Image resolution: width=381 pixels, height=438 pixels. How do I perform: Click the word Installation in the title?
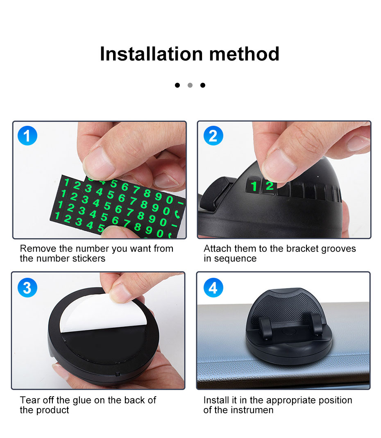[x=151, y=54]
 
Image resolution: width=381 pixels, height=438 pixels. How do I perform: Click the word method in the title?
[x=244, y=54]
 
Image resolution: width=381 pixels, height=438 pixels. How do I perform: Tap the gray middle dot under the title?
[x=190, y=85]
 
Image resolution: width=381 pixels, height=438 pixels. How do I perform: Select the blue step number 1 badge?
[x=27, y=136]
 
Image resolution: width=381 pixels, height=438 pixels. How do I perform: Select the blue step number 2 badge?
[x=213, y=136]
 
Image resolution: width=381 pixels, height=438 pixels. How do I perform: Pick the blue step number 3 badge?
[x=27, y=288]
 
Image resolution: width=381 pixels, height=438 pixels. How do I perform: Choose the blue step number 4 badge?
[x=213, y=288]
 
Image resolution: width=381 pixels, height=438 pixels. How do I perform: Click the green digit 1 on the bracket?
[x=254, y=186]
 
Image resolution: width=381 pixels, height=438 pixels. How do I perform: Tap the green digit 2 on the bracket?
[x=269, y=186]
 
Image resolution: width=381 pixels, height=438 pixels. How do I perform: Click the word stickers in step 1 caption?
[x=88, y=259]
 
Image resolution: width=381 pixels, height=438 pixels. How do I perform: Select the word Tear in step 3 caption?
[x=30, y=400]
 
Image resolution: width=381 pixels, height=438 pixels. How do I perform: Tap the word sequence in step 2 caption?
[x=235, y=259]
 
